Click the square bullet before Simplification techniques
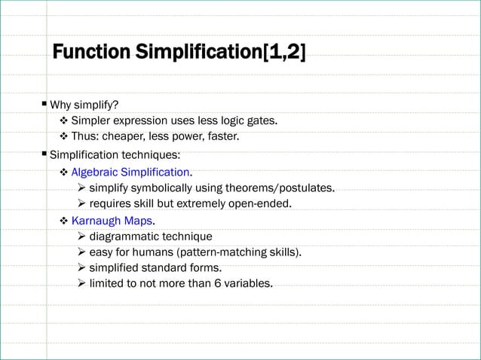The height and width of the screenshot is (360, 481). click(x=44, y=154)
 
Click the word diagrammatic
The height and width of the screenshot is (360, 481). click(x=124, y=236)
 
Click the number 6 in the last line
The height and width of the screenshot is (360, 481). click(x=210, y=284)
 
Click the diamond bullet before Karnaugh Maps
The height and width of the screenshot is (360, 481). click(x=64, y=221)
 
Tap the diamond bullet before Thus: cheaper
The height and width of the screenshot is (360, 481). click(x=64, y=136)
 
